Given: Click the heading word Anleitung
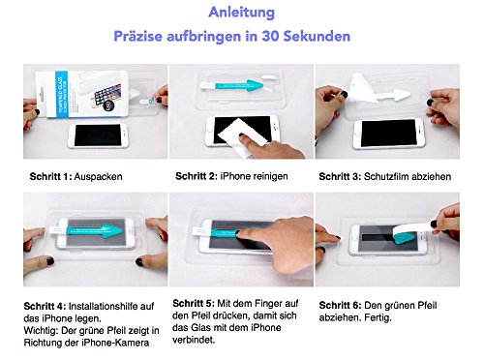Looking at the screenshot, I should point(241,14).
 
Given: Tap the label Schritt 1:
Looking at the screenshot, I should point(49,178).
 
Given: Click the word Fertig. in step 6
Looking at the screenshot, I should point(384,316).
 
